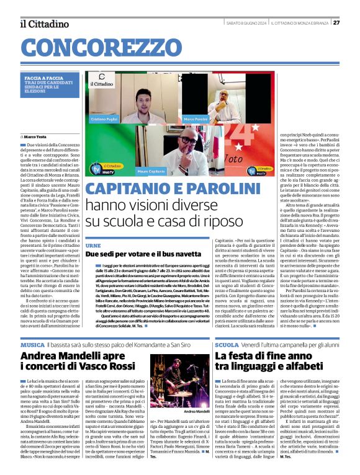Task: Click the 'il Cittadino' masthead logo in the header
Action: (44, 24)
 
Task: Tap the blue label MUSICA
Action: (32, 344)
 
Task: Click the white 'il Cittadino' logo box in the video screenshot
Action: (101, 84)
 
